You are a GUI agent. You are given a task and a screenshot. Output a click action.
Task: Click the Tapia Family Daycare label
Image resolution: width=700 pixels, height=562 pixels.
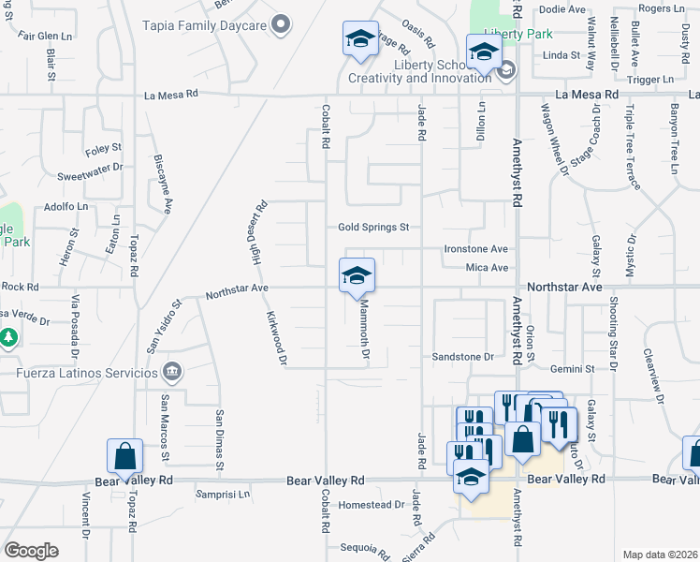(205, 25)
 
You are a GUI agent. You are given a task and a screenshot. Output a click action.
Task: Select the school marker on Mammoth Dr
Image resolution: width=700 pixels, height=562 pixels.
(357, 276)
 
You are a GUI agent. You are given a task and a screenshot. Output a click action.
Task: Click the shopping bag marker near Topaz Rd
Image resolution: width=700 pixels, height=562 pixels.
(124, 456)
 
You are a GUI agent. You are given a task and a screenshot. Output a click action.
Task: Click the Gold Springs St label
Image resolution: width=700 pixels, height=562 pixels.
(373, 227)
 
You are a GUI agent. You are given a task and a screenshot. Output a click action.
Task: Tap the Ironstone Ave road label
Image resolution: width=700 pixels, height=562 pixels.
(475, 249)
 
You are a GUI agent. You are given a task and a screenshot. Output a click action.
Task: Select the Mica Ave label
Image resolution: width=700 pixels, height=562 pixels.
(486, 268)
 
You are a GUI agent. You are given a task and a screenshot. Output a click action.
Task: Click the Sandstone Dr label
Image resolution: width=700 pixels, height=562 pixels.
(462, 357)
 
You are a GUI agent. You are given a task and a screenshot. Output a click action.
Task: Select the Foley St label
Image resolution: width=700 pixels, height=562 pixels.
(103, 148)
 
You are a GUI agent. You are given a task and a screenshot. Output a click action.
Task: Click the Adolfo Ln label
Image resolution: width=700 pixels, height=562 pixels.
(66, 207)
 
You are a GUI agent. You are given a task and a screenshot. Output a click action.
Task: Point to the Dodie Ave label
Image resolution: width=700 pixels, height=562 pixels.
(562, 9)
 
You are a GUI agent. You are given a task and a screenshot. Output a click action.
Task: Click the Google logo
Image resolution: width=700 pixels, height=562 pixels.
(31, 550)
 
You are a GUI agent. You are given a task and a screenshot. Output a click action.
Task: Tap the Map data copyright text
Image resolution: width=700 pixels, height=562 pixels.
(659, 555)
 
